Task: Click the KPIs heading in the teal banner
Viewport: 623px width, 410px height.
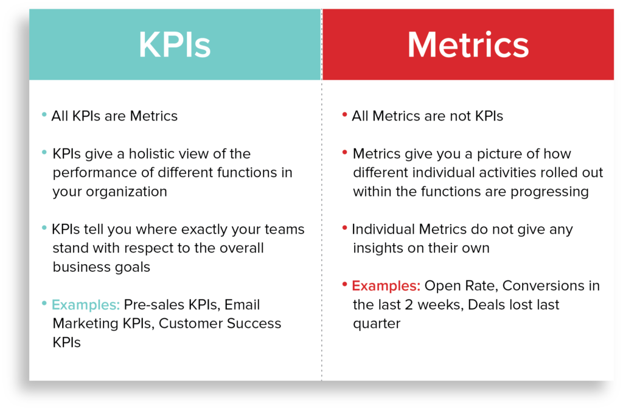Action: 175,45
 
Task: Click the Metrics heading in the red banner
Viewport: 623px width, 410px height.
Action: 468,45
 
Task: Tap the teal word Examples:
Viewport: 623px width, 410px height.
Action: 85,305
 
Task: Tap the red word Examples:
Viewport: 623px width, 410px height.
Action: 386,286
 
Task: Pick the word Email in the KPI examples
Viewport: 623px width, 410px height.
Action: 242,305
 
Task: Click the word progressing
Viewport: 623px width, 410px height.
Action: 549,192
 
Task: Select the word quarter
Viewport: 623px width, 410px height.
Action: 377,324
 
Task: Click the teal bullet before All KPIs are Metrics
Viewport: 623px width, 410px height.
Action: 44,115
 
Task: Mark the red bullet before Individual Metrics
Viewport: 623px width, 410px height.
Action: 344,228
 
